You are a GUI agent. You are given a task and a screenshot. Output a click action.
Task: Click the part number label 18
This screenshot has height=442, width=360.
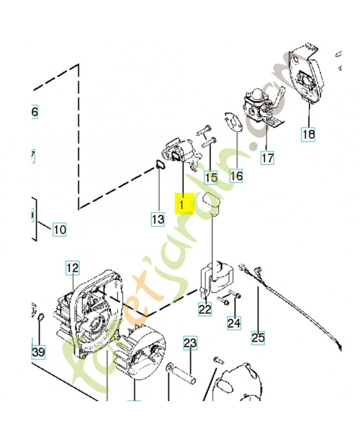tap(308, 133)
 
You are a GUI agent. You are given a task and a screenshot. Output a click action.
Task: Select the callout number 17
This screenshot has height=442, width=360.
tap(267, 157)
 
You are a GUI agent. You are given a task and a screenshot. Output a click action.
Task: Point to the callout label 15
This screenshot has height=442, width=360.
tap(210, 177)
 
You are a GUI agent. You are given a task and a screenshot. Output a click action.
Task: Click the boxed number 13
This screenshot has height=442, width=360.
tap(158, 219)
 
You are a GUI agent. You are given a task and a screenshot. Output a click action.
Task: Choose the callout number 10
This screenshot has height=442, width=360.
tap(59, 229)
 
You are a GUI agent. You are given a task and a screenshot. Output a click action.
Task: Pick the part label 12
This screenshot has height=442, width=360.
tap(72, 269)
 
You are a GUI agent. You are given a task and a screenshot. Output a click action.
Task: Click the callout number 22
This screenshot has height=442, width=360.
tap(205, 309)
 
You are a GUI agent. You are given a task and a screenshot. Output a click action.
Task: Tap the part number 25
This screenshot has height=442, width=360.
tap(258, 336)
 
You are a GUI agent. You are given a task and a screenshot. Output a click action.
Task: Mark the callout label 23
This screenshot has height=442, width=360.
tap(189, 344)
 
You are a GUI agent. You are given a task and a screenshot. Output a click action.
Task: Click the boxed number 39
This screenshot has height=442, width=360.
tap(38, 352)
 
